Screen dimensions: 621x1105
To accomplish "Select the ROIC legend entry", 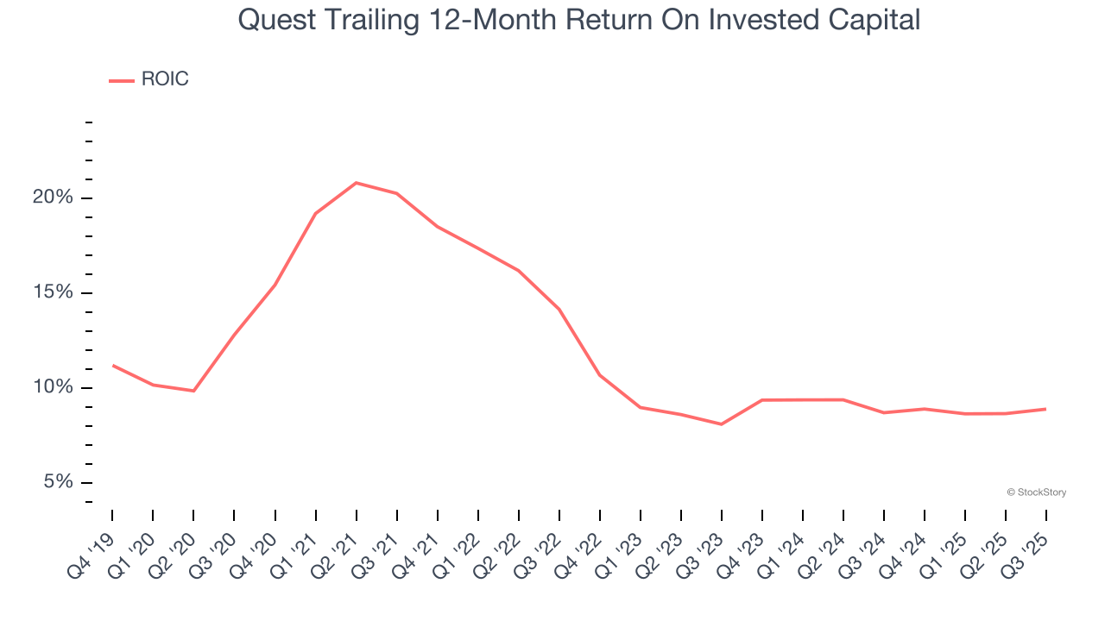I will click(x=148, y=79).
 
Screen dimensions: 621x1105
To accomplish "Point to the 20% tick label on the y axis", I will click(x=53, y=198).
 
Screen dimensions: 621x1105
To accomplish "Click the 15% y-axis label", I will click(x=53, y=292).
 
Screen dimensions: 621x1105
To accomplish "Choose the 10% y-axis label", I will click(x=53, y=387).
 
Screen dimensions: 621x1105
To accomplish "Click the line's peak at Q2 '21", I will click(x=357, y=183).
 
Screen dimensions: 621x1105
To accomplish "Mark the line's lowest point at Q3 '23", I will click(x=722, y=424).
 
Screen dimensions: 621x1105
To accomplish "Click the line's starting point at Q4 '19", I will click(x=113, y=366).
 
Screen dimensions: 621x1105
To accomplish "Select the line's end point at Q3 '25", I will click(x=1046, y=409).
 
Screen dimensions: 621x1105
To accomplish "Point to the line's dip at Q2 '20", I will click(x=194, y=391).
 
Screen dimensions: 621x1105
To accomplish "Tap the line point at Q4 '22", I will click(x=600, y=375).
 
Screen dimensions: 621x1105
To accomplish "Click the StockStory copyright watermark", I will click(x=1036, y=492).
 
